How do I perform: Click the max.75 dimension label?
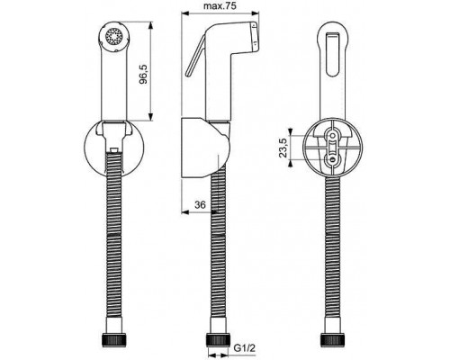220,5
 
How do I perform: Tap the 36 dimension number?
200,205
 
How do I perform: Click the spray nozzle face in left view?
114,37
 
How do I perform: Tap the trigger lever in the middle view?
195,57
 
